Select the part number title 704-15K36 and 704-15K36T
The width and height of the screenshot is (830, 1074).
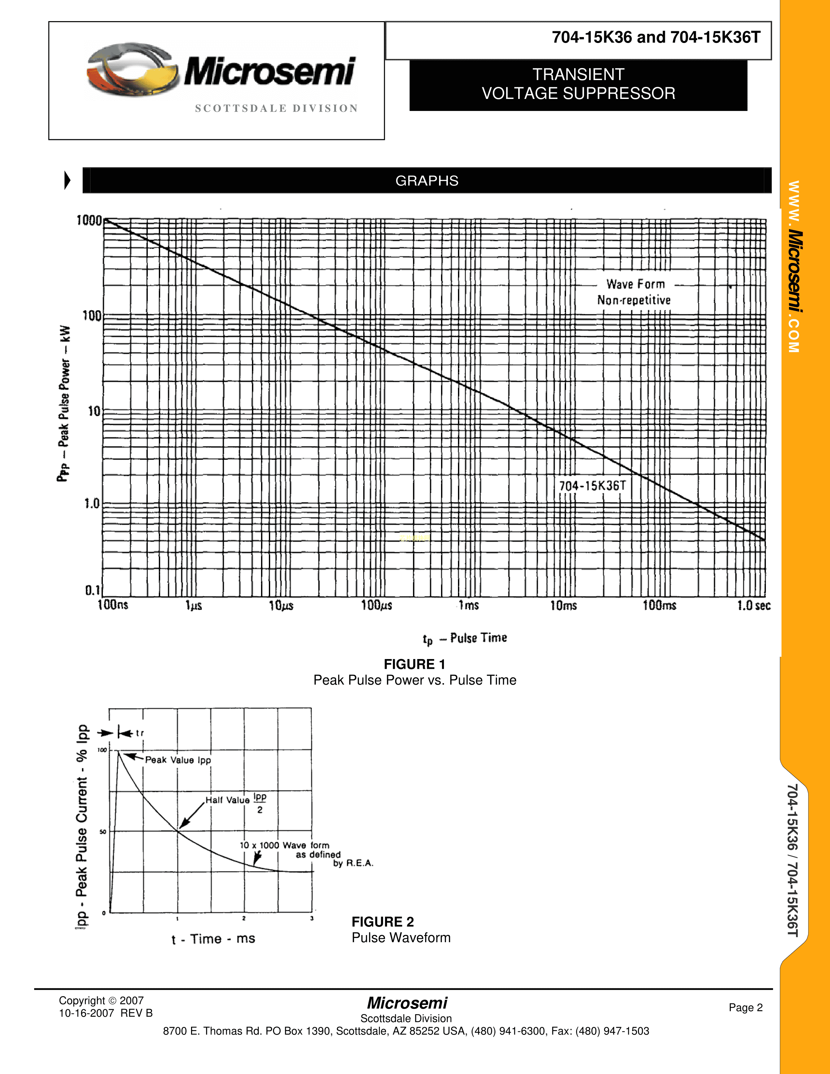pos(656,37)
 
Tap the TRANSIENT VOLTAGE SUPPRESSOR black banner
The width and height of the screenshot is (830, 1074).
pos(578,85)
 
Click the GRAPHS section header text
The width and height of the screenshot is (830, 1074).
pos(427,181)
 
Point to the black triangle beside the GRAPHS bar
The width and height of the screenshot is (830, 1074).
pos(67,181)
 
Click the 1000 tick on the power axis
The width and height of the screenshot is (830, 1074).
pos(89,220)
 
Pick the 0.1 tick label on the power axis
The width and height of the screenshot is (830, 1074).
pos(92,590)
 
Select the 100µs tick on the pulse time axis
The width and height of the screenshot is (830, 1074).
pos(377,605)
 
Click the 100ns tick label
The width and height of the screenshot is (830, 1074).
pos(113,605)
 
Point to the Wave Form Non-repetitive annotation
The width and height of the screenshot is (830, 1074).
pos(634,292)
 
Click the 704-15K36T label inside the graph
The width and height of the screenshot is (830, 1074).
pos(592,486)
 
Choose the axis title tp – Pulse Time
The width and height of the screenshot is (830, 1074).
pos(465,638)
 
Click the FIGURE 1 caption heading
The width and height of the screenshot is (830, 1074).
pos(414,664)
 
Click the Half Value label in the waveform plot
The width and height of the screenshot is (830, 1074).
pos(228,800)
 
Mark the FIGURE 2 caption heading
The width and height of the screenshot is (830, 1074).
pos(382,922)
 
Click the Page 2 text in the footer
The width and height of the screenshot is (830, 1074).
pos(745,1008)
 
